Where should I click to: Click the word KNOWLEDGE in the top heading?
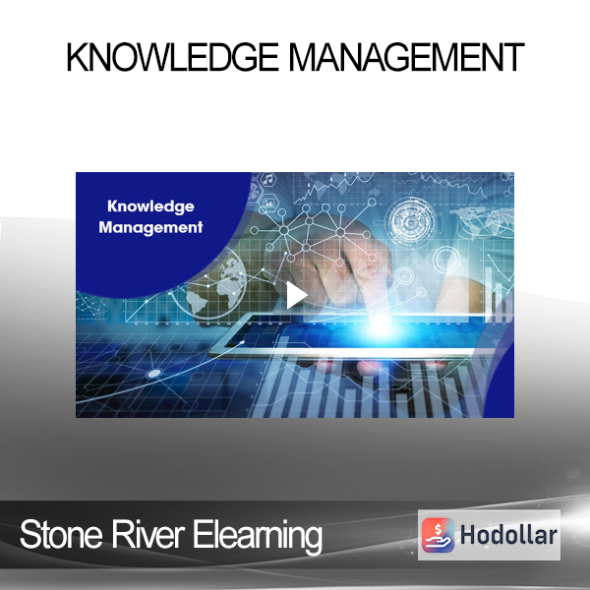coord(172,57)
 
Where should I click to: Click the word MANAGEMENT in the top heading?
coord(407,57)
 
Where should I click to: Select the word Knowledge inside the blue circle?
coord(150,206)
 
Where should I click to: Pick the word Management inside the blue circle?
coord(150,228)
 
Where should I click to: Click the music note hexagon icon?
coord(267,180)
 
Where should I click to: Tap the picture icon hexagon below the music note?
coord(268,204)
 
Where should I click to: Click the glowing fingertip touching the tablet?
coord(380,320)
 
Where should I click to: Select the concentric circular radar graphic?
coord(410,222)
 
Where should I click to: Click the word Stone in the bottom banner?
coord(61,535)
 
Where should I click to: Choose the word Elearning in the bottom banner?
coord(258,536)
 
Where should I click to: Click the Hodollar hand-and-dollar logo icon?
coord(438,535)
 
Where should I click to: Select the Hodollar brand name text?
coord(508,535)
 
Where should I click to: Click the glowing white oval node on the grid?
coord(154,374)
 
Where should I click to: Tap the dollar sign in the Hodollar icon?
coord(438,530)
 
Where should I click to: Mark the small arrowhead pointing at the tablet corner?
coord(242,342)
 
